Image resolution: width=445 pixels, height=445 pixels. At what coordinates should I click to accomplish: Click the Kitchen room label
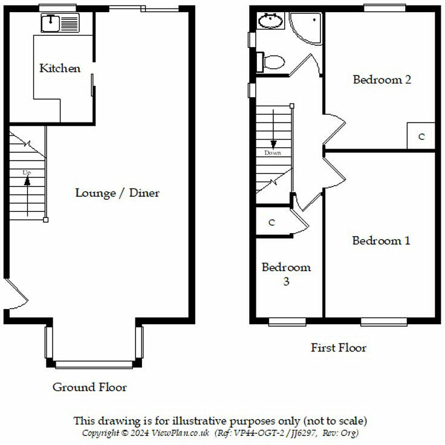tap(59, 68)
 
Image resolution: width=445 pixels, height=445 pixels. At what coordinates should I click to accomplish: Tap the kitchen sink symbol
tap(60, 24)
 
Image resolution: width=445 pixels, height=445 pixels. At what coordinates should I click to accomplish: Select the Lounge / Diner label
tap(117, 193)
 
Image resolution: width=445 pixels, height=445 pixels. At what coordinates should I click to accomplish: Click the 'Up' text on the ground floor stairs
tap(27, 173)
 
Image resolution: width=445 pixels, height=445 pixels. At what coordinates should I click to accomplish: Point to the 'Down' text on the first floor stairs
tap(273, 153)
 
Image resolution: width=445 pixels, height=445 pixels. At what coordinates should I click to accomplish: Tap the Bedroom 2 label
tap(382, 79)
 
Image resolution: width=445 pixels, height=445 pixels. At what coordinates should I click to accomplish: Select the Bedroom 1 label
tap(381, 241)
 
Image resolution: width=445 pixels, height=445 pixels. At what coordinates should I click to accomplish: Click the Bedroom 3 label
tap(286, 274)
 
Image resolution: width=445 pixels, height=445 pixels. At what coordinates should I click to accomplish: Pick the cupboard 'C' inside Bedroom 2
tap(421, 136)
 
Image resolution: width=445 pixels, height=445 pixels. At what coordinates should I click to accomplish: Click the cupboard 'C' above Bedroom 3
tap(272, 223)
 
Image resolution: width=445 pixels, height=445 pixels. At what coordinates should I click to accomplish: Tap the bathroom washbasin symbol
tap(270, 22)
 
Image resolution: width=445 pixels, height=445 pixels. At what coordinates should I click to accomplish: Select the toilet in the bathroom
tap(272, 62)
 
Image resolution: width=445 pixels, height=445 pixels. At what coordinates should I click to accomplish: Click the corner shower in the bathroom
tap(305, 27)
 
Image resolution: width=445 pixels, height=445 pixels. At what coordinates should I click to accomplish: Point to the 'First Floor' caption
tap(338, 348)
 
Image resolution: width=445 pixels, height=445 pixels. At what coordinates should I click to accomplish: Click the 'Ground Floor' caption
tap(89, 387)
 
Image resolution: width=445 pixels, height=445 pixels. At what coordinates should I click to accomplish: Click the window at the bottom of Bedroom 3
tap(286, 321)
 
